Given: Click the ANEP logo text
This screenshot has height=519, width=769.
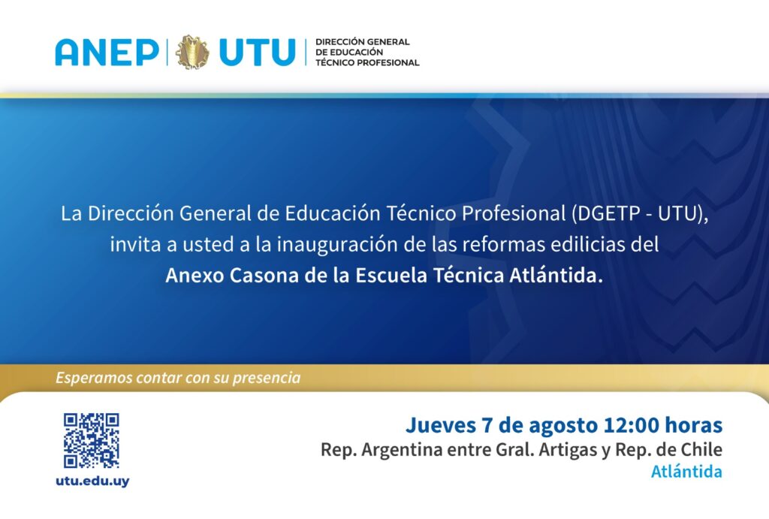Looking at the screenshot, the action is pos(107,52).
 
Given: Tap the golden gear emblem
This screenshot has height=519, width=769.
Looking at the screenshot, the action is pos(192,52).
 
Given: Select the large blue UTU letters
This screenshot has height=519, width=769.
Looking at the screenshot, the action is pos(258,52).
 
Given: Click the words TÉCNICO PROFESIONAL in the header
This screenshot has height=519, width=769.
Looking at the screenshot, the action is pos(367,62).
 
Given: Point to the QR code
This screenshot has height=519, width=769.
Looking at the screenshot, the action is pos(91,441).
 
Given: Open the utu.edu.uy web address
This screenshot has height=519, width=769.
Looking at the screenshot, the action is pos(92,481).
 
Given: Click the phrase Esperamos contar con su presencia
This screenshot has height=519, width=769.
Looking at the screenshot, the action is pos(178,378).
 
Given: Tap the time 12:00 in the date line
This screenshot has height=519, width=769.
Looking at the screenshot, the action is pos(631,425).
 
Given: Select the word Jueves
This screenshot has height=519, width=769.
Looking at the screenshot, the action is pos(440,425).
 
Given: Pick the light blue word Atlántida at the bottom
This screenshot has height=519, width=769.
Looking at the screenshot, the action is pos(686,472).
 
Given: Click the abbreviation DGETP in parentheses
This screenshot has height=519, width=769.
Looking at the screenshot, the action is pos(606,214).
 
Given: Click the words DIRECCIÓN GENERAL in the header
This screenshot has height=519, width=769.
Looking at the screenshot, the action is pos(363,42).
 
